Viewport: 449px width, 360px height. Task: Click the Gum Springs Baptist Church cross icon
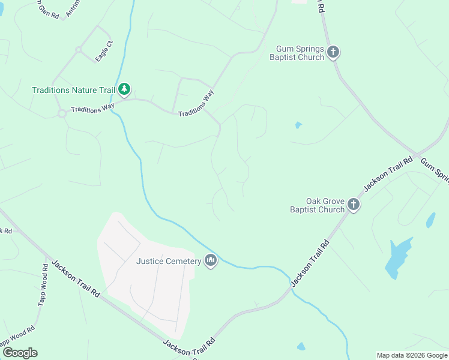[x=334, y=53]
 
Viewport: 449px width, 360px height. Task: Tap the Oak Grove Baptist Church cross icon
[x=354, y=205]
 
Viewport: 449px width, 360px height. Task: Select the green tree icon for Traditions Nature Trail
[x=124, y=90]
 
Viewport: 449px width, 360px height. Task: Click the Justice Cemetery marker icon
[x=210, y=261]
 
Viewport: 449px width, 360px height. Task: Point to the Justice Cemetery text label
[x=169, y=261]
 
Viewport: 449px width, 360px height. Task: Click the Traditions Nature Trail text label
[x=73, y=90]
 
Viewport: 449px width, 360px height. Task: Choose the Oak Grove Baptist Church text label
[x=317, y=205]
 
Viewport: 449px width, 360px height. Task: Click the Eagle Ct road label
[x=104, y=51]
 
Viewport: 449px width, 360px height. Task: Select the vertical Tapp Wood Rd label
[x=43, y=285]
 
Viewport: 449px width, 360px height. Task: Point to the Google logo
[x=20, y=353]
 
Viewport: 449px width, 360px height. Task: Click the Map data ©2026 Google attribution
[x=412, y=355]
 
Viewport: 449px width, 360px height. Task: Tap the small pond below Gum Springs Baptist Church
[x=298, y=125]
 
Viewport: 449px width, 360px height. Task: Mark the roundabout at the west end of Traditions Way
[x=61, y=113]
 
